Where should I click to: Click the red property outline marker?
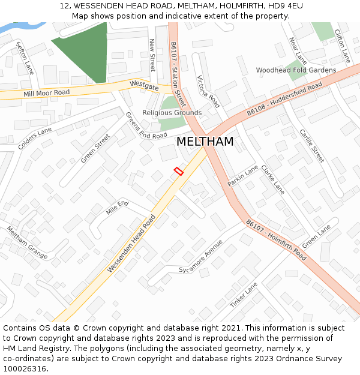[178, 171]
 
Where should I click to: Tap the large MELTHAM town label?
[205, 142]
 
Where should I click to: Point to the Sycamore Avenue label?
[200, 257]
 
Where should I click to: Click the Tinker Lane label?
[244, 295]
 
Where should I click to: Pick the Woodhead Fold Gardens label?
[296, 70]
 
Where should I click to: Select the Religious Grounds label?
[172, 113]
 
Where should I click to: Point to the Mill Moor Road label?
[46, 93]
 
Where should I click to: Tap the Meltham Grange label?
[27, 242]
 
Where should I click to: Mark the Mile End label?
[117, 208]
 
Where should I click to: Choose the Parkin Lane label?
[243, 175]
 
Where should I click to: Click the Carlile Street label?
[312, 146]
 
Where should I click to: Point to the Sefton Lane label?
[25, 58]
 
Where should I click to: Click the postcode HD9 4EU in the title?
[285, 6]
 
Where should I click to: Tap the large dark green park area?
[84, 48]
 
